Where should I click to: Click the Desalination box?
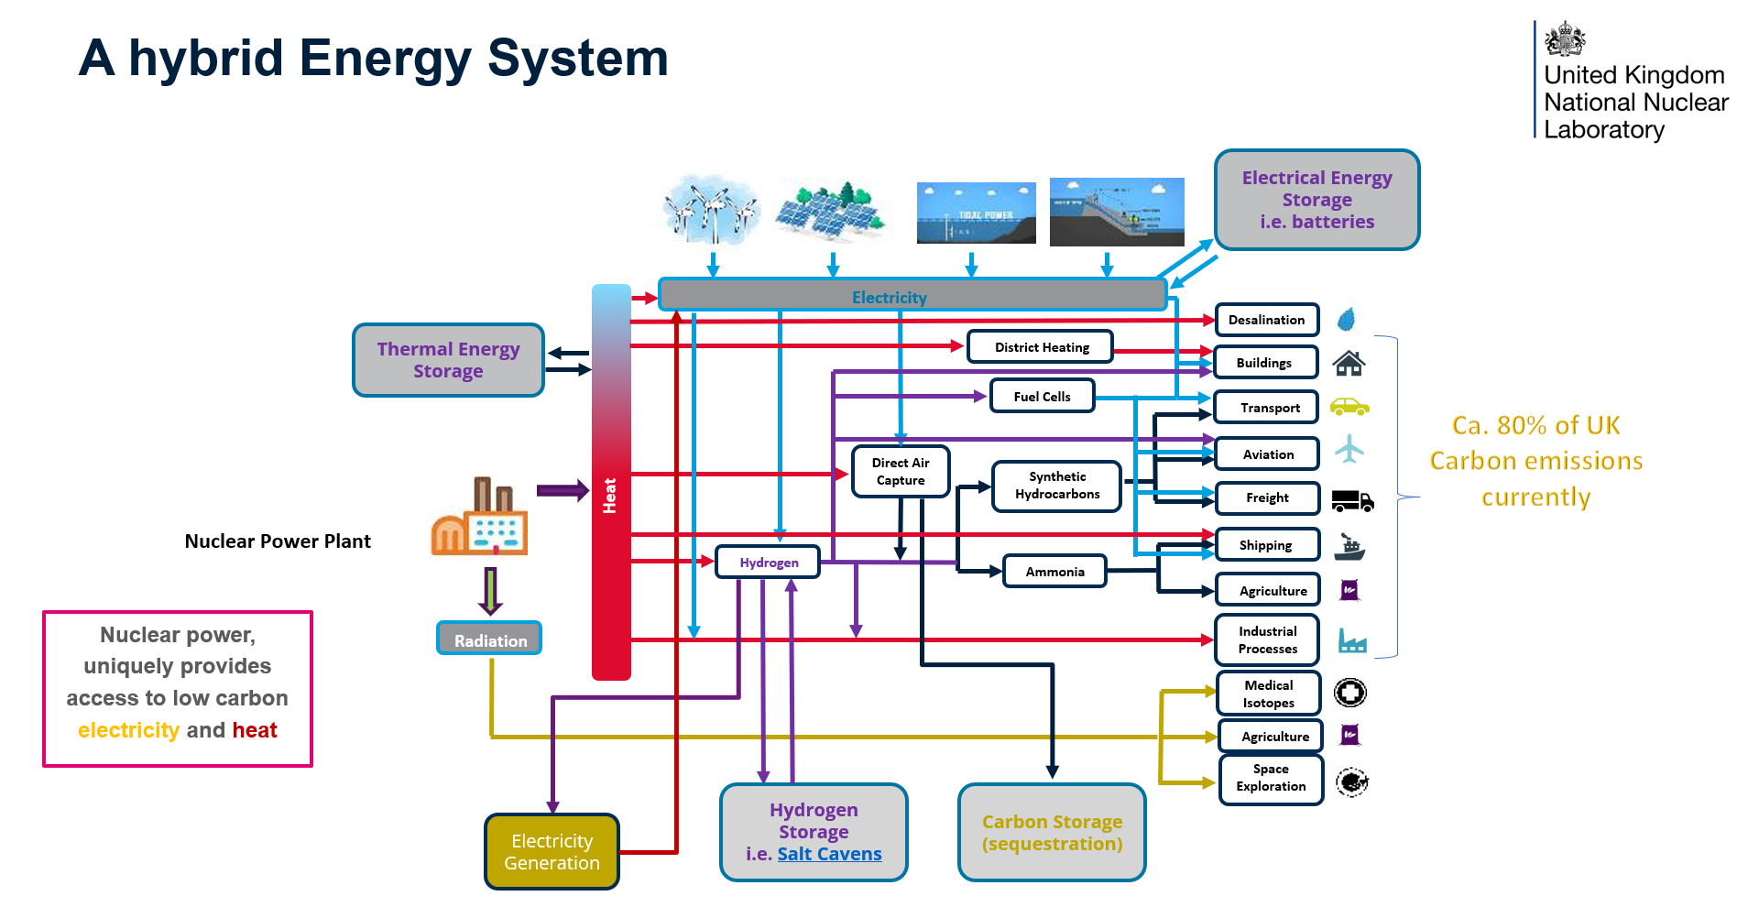(x=1266, y=320)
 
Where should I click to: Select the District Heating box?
(x=1041, y=347)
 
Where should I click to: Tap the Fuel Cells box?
(x=1042, y=397)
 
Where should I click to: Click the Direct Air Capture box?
(x=900, y=472)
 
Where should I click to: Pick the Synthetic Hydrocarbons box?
(x=1056, y=486)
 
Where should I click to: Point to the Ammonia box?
(x=1054, y=572)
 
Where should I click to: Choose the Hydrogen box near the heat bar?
(x=768, y=563)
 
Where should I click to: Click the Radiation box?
(x=489, y=639)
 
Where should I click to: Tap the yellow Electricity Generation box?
(x=552, y=852)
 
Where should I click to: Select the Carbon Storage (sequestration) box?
(x=1052, y=833)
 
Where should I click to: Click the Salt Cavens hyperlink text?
(x=829, y=854)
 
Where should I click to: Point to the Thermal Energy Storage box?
(x=448, y=360)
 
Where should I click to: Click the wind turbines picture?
(x=711, y=210)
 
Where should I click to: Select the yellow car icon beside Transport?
(x=1349, y=407)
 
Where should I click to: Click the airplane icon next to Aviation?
(x=1349, y=449)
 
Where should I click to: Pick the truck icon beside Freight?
(x=1351, y=500)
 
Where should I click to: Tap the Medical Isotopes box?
(x=1269, y=694)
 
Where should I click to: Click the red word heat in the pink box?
(x=255, y=730)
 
